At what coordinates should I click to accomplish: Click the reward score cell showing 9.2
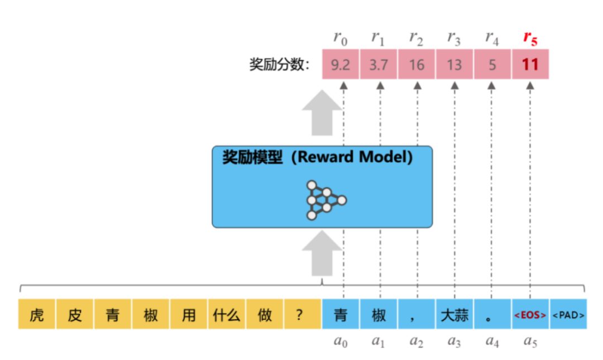pos(341,64)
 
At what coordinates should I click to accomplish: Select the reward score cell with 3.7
pos(379,64)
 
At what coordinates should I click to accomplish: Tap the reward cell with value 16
pos(417,64)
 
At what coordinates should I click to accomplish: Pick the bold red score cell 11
pos(530,64)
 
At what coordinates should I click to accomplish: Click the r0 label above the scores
pos(341,38)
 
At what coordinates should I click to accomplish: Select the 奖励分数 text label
pos(279,64)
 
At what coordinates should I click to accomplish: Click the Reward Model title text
pos(317,157)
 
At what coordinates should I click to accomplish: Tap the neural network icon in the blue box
pos(326,199)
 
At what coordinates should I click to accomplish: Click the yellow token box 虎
pos(37,314)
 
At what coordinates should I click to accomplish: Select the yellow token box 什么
pos(227,314)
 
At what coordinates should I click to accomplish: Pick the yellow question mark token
pos(303,314)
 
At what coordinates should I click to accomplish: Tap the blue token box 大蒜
pos(454,314)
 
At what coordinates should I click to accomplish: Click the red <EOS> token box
pos(530,314)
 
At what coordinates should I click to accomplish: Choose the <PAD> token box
pos(568,314)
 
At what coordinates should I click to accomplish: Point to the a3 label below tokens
pos(454,342)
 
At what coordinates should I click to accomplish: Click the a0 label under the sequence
pos(341,342)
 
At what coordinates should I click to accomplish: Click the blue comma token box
pos(417,314)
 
